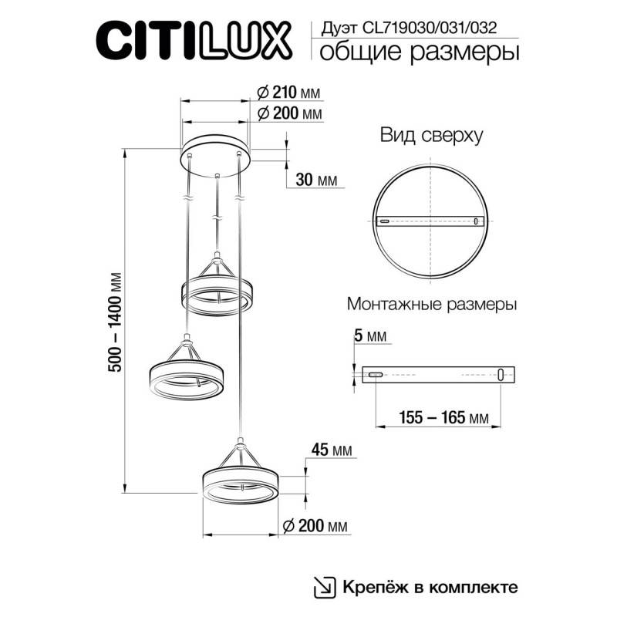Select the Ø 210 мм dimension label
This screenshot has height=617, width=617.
287,93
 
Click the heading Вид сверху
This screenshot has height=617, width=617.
431,136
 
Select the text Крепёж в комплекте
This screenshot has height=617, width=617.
430,586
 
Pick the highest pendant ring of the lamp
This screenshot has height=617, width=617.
217,292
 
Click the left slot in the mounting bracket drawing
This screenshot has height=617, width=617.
376,375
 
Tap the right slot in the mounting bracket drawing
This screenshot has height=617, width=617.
501,375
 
